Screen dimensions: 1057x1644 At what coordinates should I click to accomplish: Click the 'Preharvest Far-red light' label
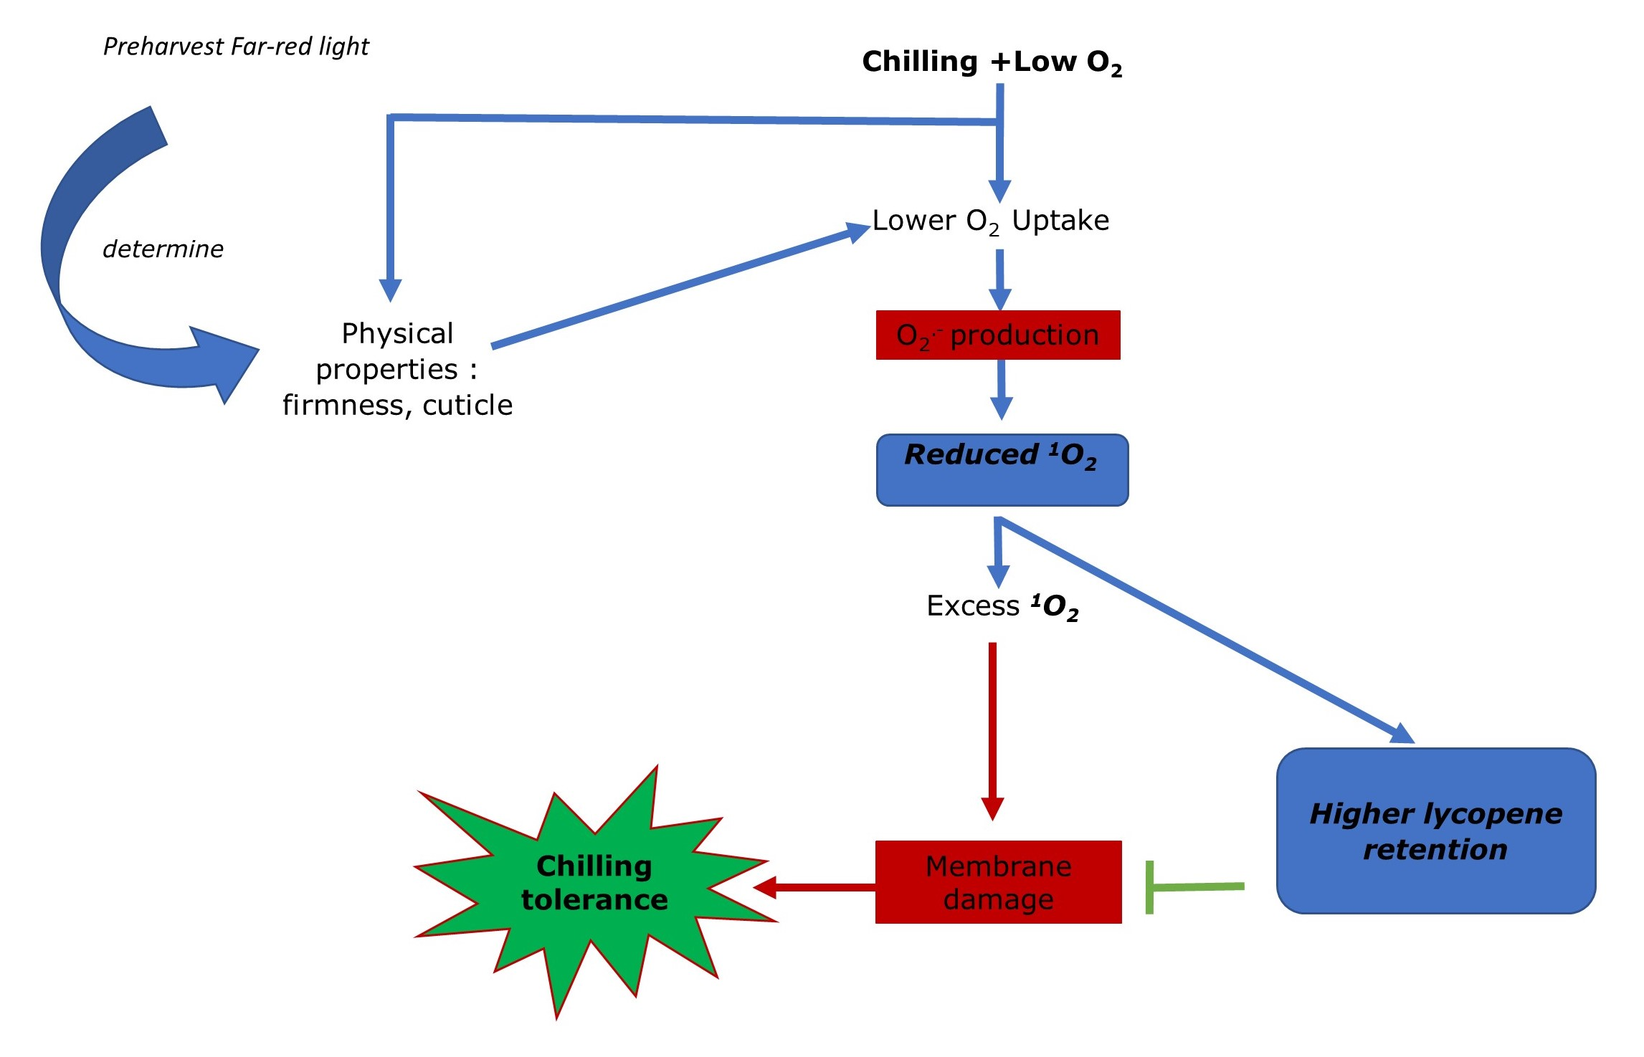coord(236,47)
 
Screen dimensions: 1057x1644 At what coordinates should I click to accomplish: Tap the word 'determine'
coord(163,249)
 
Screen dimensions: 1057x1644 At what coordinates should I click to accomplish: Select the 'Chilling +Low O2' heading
coord(992,62)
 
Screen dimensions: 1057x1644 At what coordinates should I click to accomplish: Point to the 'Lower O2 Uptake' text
coord(990,221)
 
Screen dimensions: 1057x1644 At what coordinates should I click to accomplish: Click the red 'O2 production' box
coord(997,335)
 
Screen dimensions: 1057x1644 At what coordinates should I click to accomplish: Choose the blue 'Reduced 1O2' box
coord(1002,469)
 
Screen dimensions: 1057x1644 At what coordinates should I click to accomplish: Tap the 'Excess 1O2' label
coord(1002,606)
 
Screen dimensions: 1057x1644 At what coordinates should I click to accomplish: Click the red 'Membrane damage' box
coord(998,882)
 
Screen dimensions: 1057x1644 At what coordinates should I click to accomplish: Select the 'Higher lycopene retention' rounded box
coord(1435,831)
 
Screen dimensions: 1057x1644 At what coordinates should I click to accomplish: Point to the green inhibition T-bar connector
coord(1190,887)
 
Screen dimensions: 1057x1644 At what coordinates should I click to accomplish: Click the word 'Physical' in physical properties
coord(397,333)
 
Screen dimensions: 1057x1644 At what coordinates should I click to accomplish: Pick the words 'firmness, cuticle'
coord(397,406)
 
